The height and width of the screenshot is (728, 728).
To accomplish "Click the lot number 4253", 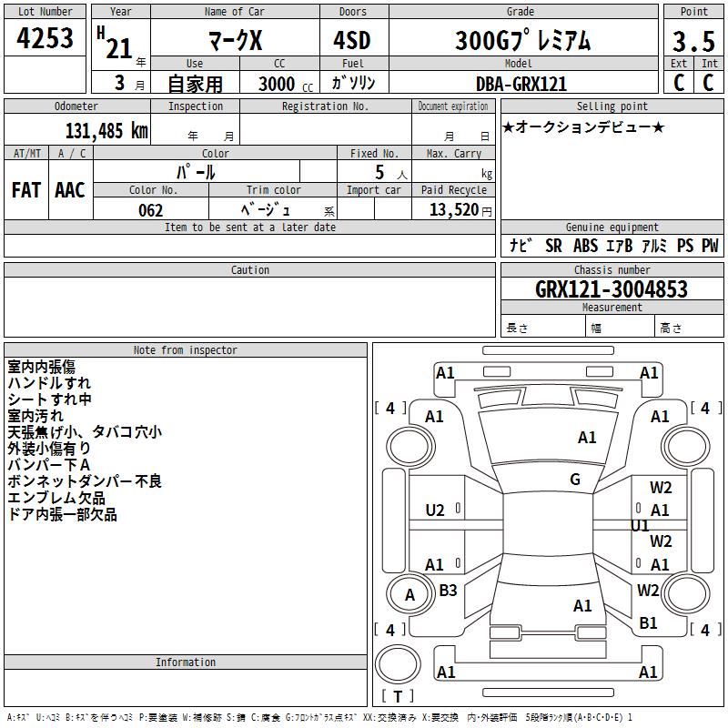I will coord(45,38).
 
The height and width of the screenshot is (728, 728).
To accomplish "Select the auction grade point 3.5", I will coord(693,41).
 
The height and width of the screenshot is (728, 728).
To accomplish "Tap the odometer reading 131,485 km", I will coord(106,131).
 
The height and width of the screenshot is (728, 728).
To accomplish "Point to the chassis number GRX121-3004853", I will coord(612,289).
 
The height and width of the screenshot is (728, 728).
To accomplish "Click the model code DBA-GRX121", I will coord(521,84).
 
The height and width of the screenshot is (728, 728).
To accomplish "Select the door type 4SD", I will coord(352,41).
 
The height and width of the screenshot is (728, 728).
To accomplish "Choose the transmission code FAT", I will coord(25,190).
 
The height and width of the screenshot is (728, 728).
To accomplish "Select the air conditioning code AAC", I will coord(70,190).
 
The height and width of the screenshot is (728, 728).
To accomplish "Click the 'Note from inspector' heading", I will coord(185,349).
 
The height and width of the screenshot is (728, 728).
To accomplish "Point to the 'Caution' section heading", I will coord(250,269).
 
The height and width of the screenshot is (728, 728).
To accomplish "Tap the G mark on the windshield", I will coord(575,480).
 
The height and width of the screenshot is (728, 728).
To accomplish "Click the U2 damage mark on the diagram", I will coord(435,511).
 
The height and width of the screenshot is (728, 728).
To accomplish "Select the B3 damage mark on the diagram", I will coord(448,591).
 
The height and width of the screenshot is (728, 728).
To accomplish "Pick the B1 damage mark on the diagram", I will coord(648,623).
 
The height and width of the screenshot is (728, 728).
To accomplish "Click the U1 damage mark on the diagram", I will coord(640,526).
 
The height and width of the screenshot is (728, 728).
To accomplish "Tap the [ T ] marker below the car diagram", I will coord(397,696).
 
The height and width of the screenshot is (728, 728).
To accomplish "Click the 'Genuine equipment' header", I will coord(612,227).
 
